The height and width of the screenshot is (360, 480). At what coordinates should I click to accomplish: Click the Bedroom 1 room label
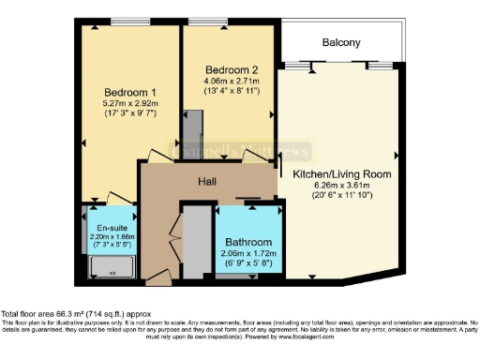(129, 92)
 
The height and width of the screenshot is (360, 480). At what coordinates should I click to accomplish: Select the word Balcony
(341, 42)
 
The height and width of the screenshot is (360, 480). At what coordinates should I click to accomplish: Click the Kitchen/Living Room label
(342, 174)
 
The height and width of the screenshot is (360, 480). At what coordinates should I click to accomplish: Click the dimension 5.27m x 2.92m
(129, 105)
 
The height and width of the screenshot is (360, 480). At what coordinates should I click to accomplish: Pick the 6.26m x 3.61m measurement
(342, 187)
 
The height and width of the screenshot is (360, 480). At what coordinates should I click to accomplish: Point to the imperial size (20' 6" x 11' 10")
(342, 199)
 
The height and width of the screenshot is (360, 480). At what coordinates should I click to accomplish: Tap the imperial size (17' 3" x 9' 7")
(129, 117)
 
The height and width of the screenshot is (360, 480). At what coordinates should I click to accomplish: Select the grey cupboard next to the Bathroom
(196, 241)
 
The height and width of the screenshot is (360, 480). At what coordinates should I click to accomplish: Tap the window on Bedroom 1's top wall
(125, 21)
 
